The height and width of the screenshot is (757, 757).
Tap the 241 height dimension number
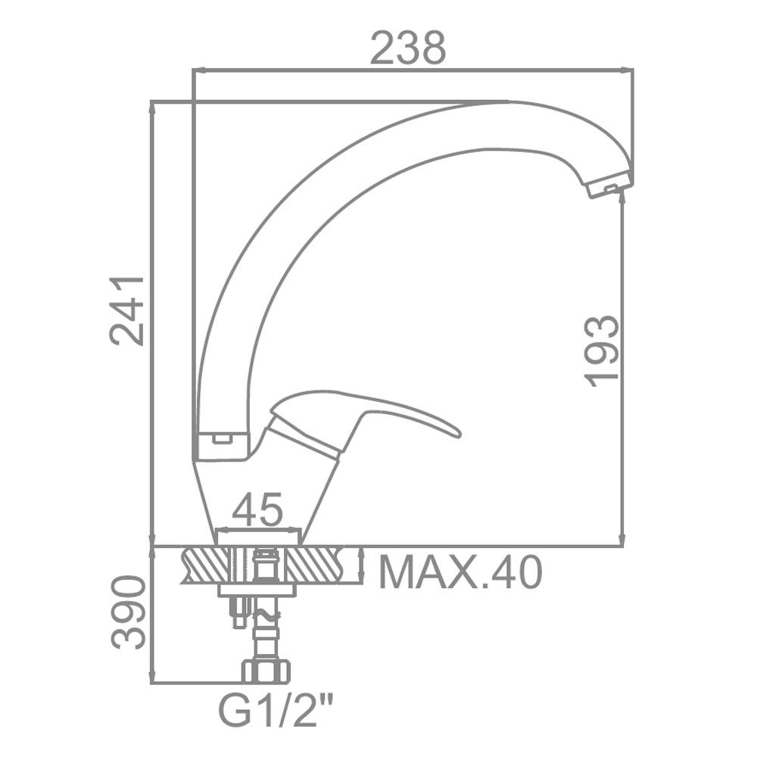(x=127, y=311)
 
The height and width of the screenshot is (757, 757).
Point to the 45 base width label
(x=257, y=509)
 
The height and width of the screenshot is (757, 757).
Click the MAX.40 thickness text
(x=460, y=572)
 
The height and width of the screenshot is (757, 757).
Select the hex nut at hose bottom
(x=266, y=671)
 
